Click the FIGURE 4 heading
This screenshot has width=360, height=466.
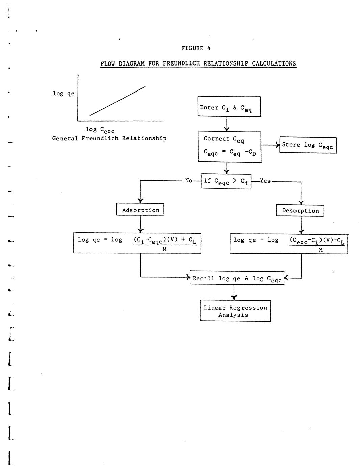(x=196, y=48)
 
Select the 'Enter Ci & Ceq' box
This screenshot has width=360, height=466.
(x=229, y=107)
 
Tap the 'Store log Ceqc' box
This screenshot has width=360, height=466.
(x=308, y=145)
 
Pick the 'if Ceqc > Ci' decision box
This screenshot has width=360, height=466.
(x=226, y=181)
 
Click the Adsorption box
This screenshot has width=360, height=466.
(x=140, y=210)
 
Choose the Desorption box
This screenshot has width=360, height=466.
(x=300, y=211)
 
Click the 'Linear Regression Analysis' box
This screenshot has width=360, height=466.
(x=235, y=311)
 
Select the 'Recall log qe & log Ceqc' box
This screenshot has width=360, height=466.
(x=237, y=278)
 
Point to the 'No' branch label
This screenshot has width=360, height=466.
(x=188, y=181)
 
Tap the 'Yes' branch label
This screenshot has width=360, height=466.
(x=265, y=181)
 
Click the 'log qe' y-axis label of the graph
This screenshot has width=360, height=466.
(x=63, y=94)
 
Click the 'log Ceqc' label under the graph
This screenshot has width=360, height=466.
(x=100, y=130)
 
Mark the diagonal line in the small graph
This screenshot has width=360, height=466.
(x=118, y=101)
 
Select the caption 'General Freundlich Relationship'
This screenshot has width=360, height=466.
(x=109, y=138)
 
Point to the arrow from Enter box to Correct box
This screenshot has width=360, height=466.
(x=227, y=124)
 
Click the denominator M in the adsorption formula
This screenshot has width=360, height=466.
(x=165, y=250)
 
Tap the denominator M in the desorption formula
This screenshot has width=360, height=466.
(x=320, y=250)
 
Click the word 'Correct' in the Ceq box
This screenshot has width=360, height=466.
(x=216, y=138)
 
